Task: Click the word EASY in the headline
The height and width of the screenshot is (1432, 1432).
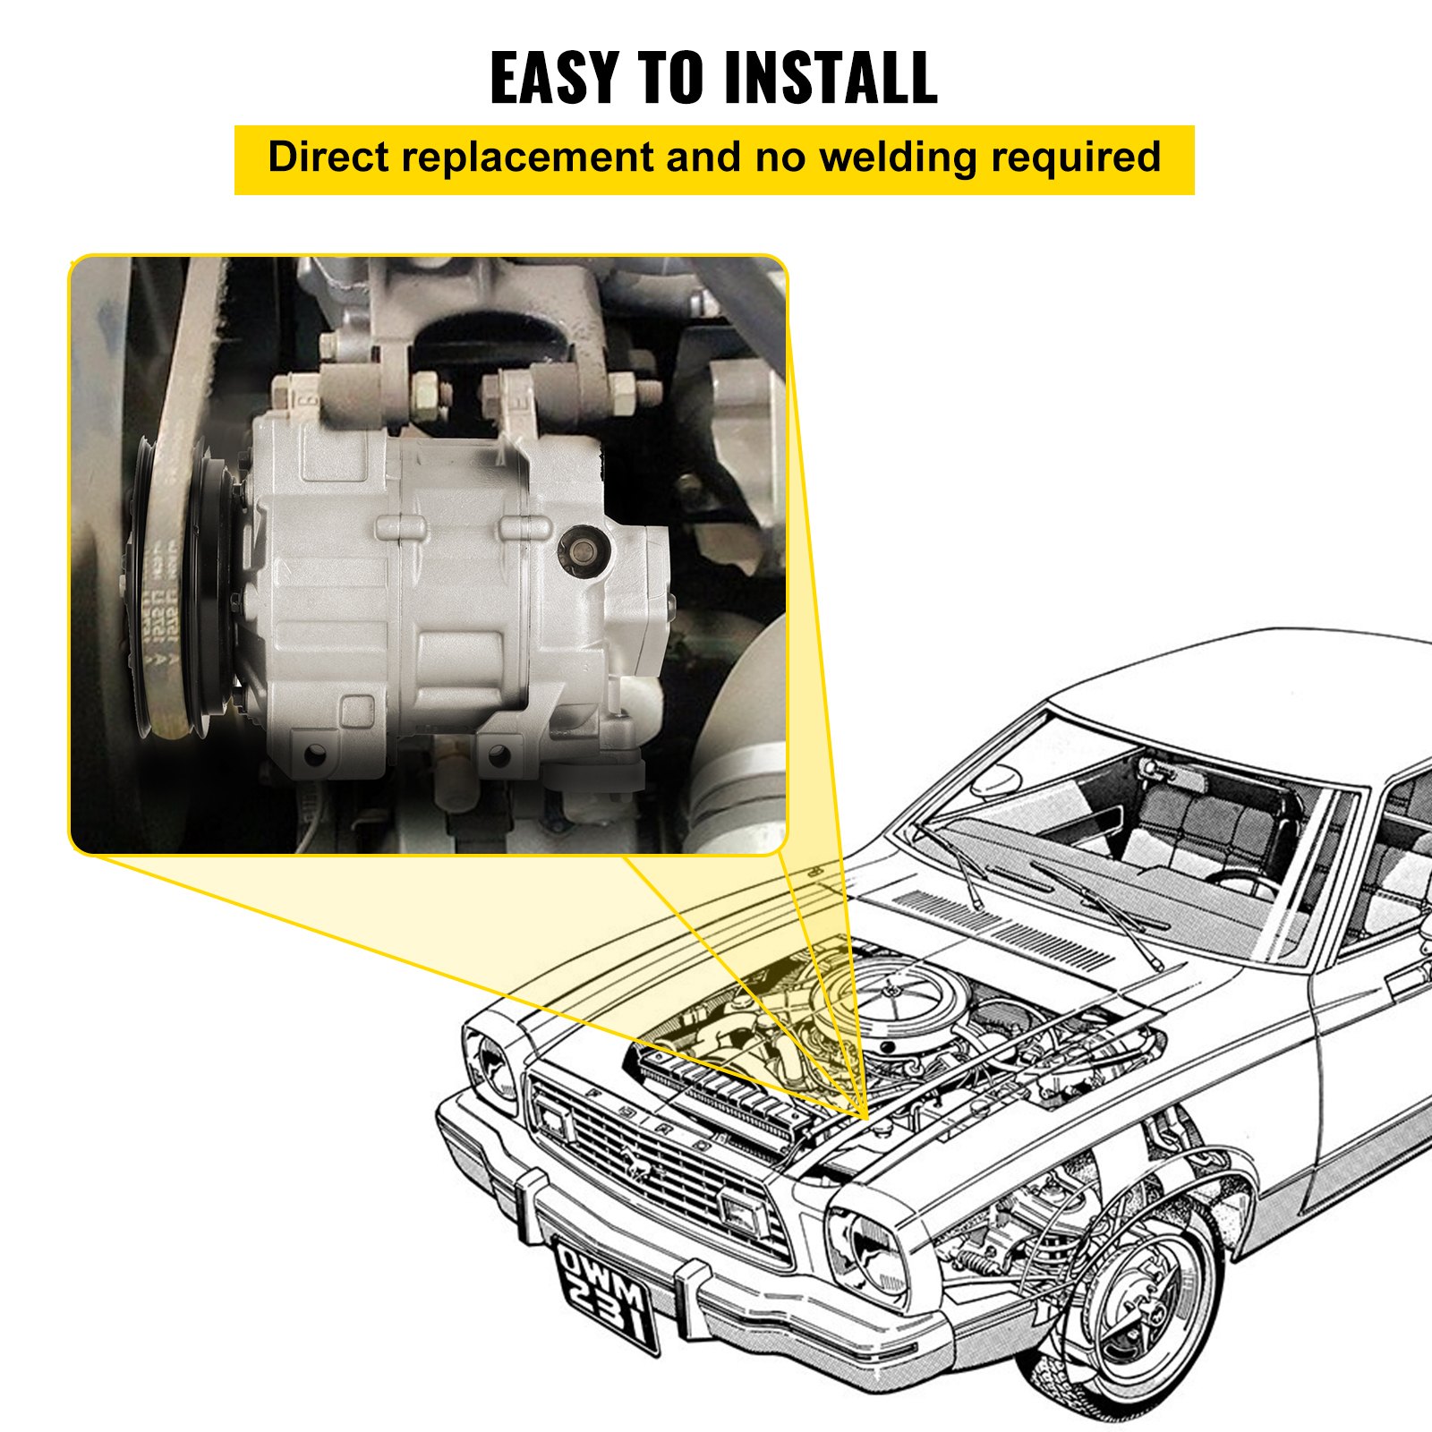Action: (x=554, y=78)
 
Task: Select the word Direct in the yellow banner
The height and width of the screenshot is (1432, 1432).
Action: (x=328, y=158)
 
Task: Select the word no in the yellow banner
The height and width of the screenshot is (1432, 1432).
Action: (x=782, y=158)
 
